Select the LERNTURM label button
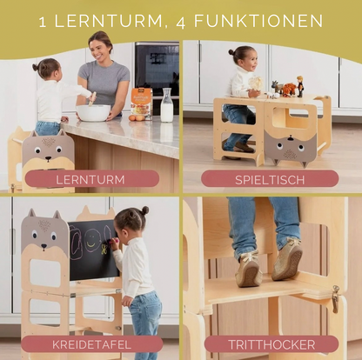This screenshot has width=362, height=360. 90,179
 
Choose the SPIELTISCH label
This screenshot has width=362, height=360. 271,179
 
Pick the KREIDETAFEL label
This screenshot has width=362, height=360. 90,344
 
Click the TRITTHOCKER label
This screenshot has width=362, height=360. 271,344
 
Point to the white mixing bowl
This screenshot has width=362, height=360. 93,112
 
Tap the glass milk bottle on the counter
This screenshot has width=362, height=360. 166,107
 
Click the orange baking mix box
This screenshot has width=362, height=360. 141,102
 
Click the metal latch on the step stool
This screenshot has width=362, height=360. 336,298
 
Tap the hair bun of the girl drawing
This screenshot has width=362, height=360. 144,210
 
